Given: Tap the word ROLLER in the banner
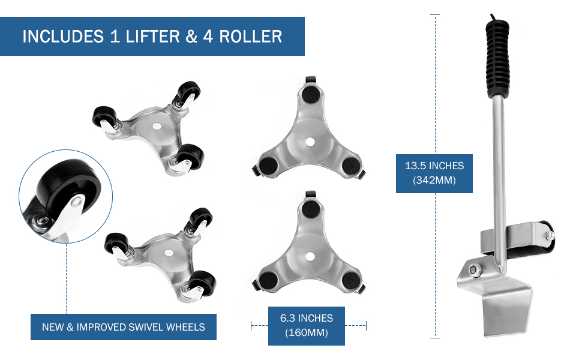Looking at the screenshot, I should [250, 36].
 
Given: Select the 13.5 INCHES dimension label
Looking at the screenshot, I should [434, 166].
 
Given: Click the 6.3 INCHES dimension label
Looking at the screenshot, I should [307, 319].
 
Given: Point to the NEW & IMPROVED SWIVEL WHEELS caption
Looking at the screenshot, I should [124, 327].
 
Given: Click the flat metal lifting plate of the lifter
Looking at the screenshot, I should [508, 312].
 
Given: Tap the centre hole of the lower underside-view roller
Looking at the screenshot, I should [310, 256].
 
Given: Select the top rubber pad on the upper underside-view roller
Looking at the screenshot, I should [310, 95].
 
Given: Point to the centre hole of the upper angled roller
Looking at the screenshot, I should [156, 127].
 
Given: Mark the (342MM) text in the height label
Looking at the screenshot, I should [434, 180].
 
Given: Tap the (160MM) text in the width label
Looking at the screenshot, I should [307, 333].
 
